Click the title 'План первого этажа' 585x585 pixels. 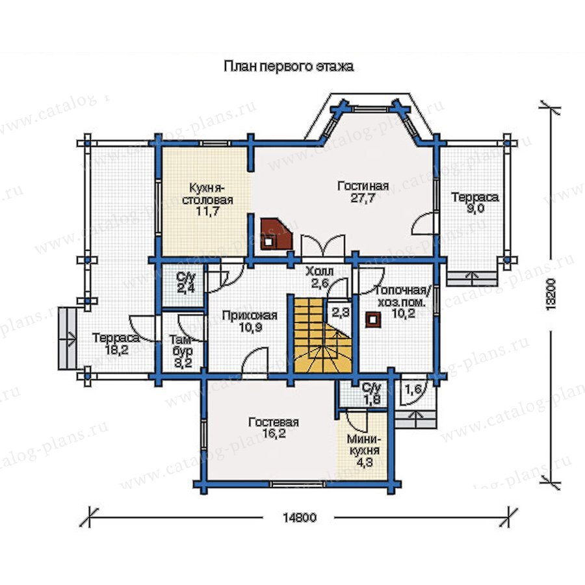tap(289, 66)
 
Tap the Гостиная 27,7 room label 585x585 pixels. tap(363, 192)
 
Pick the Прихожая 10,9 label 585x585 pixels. tap(250, 321)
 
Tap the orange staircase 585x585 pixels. tap(322, 334)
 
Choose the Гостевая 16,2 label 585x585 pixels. tap(274, 428)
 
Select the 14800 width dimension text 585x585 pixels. tap(299, 517)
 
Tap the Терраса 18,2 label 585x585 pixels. tap(116, 344)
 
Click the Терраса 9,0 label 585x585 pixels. tap(475, 203)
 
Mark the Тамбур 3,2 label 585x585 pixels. tap(182, 351)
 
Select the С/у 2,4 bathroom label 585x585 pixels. tap(186, 283)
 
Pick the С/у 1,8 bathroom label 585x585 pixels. tap(372, 393)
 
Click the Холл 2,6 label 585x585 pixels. tap(319, 277)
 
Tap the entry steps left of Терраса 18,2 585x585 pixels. tap(67, 338)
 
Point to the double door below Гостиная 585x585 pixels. tap(323, 246)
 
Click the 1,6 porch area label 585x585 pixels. tap(413, 390)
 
